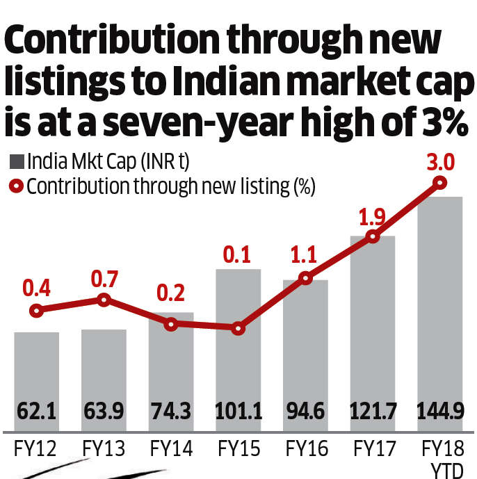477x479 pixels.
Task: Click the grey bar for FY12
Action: click(x=37, y=368)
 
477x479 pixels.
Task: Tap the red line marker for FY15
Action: click(x=238, y=327)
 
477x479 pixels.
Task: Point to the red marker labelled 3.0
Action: click(x=439, y=183)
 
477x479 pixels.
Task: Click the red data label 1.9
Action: click(x=371, y=216)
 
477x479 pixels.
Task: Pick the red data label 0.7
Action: click(x=104, y=280)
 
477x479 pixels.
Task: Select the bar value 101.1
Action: click(x=238, y=412)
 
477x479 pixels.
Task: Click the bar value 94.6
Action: click(x=305, y=412)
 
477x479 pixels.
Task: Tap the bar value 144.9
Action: click(x=439, y=412)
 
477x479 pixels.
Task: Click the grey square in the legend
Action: click(x=16, y=163)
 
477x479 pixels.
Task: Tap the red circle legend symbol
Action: click(x=16, y=187)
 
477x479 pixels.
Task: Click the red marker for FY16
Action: click(x=305, y=278)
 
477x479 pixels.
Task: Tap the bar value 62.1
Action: click(x=37, y=412)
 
